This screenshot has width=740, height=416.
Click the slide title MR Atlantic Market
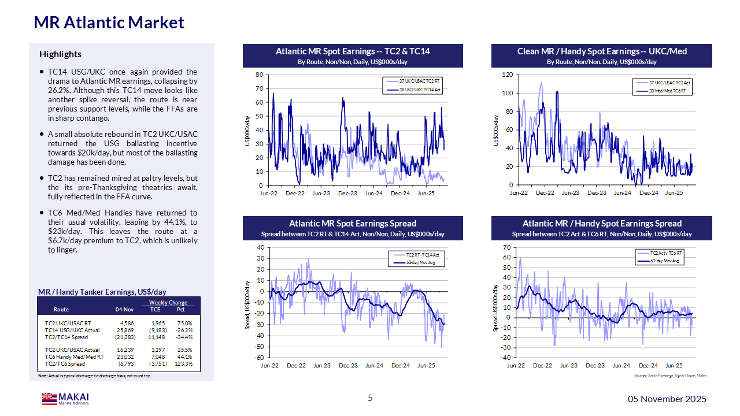click(109, 23)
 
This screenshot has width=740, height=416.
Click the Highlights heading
click(60, 54)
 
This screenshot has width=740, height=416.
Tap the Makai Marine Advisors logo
click(65, 399)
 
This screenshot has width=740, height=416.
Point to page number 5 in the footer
click(371, 398)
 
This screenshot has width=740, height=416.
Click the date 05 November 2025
click(667, 399)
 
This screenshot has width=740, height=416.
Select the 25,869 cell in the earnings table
click(125, 330)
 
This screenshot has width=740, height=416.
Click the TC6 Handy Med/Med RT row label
click(75, 357)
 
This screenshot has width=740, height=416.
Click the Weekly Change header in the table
click(168, 303)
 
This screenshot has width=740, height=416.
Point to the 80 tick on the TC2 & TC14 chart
click(260, 75)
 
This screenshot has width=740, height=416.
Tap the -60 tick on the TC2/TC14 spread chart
click(260, 358)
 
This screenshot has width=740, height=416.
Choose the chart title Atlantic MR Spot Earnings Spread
click(353, 224)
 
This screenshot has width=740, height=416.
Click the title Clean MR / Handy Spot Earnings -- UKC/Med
click(602, 51)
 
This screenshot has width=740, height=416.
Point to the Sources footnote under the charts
click(670, 376)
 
